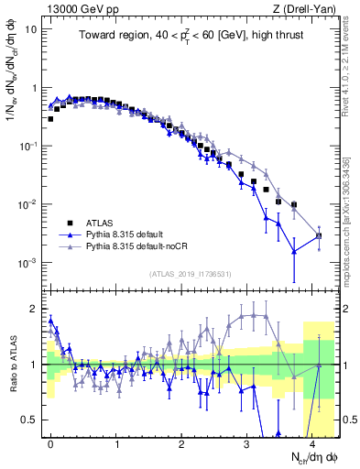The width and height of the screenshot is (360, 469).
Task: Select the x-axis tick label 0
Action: [x=51, y=442]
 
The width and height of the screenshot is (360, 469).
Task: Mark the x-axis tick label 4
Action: [x=313, y=442]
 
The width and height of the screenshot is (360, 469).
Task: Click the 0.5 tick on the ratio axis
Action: [x=32, y=420]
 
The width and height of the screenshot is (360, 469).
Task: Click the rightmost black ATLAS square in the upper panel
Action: [x=318, y=236]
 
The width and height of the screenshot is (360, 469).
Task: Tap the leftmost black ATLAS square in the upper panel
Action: [x=51, y=119]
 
